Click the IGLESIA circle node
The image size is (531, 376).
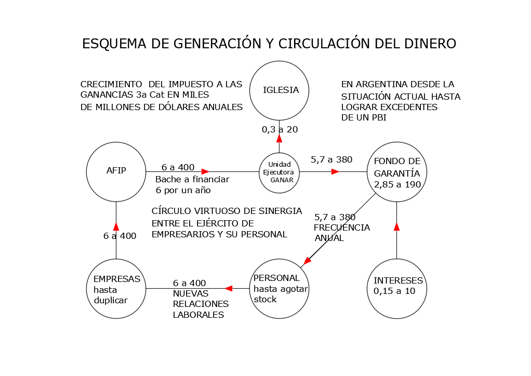[280, 90]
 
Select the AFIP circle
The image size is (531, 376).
[116, 171]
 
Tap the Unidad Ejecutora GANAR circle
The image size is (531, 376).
[280, 172]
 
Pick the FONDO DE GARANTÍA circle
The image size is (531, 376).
[397, 171]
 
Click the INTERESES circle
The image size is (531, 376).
[397, 288]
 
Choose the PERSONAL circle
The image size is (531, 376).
[280, 288]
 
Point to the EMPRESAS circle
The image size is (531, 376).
[116, 288]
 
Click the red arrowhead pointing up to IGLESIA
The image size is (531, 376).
[279, 138]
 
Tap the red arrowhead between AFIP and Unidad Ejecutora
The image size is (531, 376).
[205, 171]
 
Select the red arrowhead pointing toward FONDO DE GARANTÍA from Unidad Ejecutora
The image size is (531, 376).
[335, 171]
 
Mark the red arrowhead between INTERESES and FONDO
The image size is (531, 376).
[397, 226]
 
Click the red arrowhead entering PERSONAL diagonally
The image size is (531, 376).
[308, 260]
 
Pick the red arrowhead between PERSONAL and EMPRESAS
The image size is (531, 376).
[228, 288]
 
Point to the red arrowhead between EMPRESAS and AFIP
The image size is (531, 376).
[116, 226]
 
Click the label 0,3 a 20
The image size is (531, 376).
[280, 129]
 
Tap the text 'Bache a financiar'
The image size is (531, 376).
[192, 179]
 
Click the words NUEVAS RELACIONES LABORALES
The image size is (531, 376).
[201, 304]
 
